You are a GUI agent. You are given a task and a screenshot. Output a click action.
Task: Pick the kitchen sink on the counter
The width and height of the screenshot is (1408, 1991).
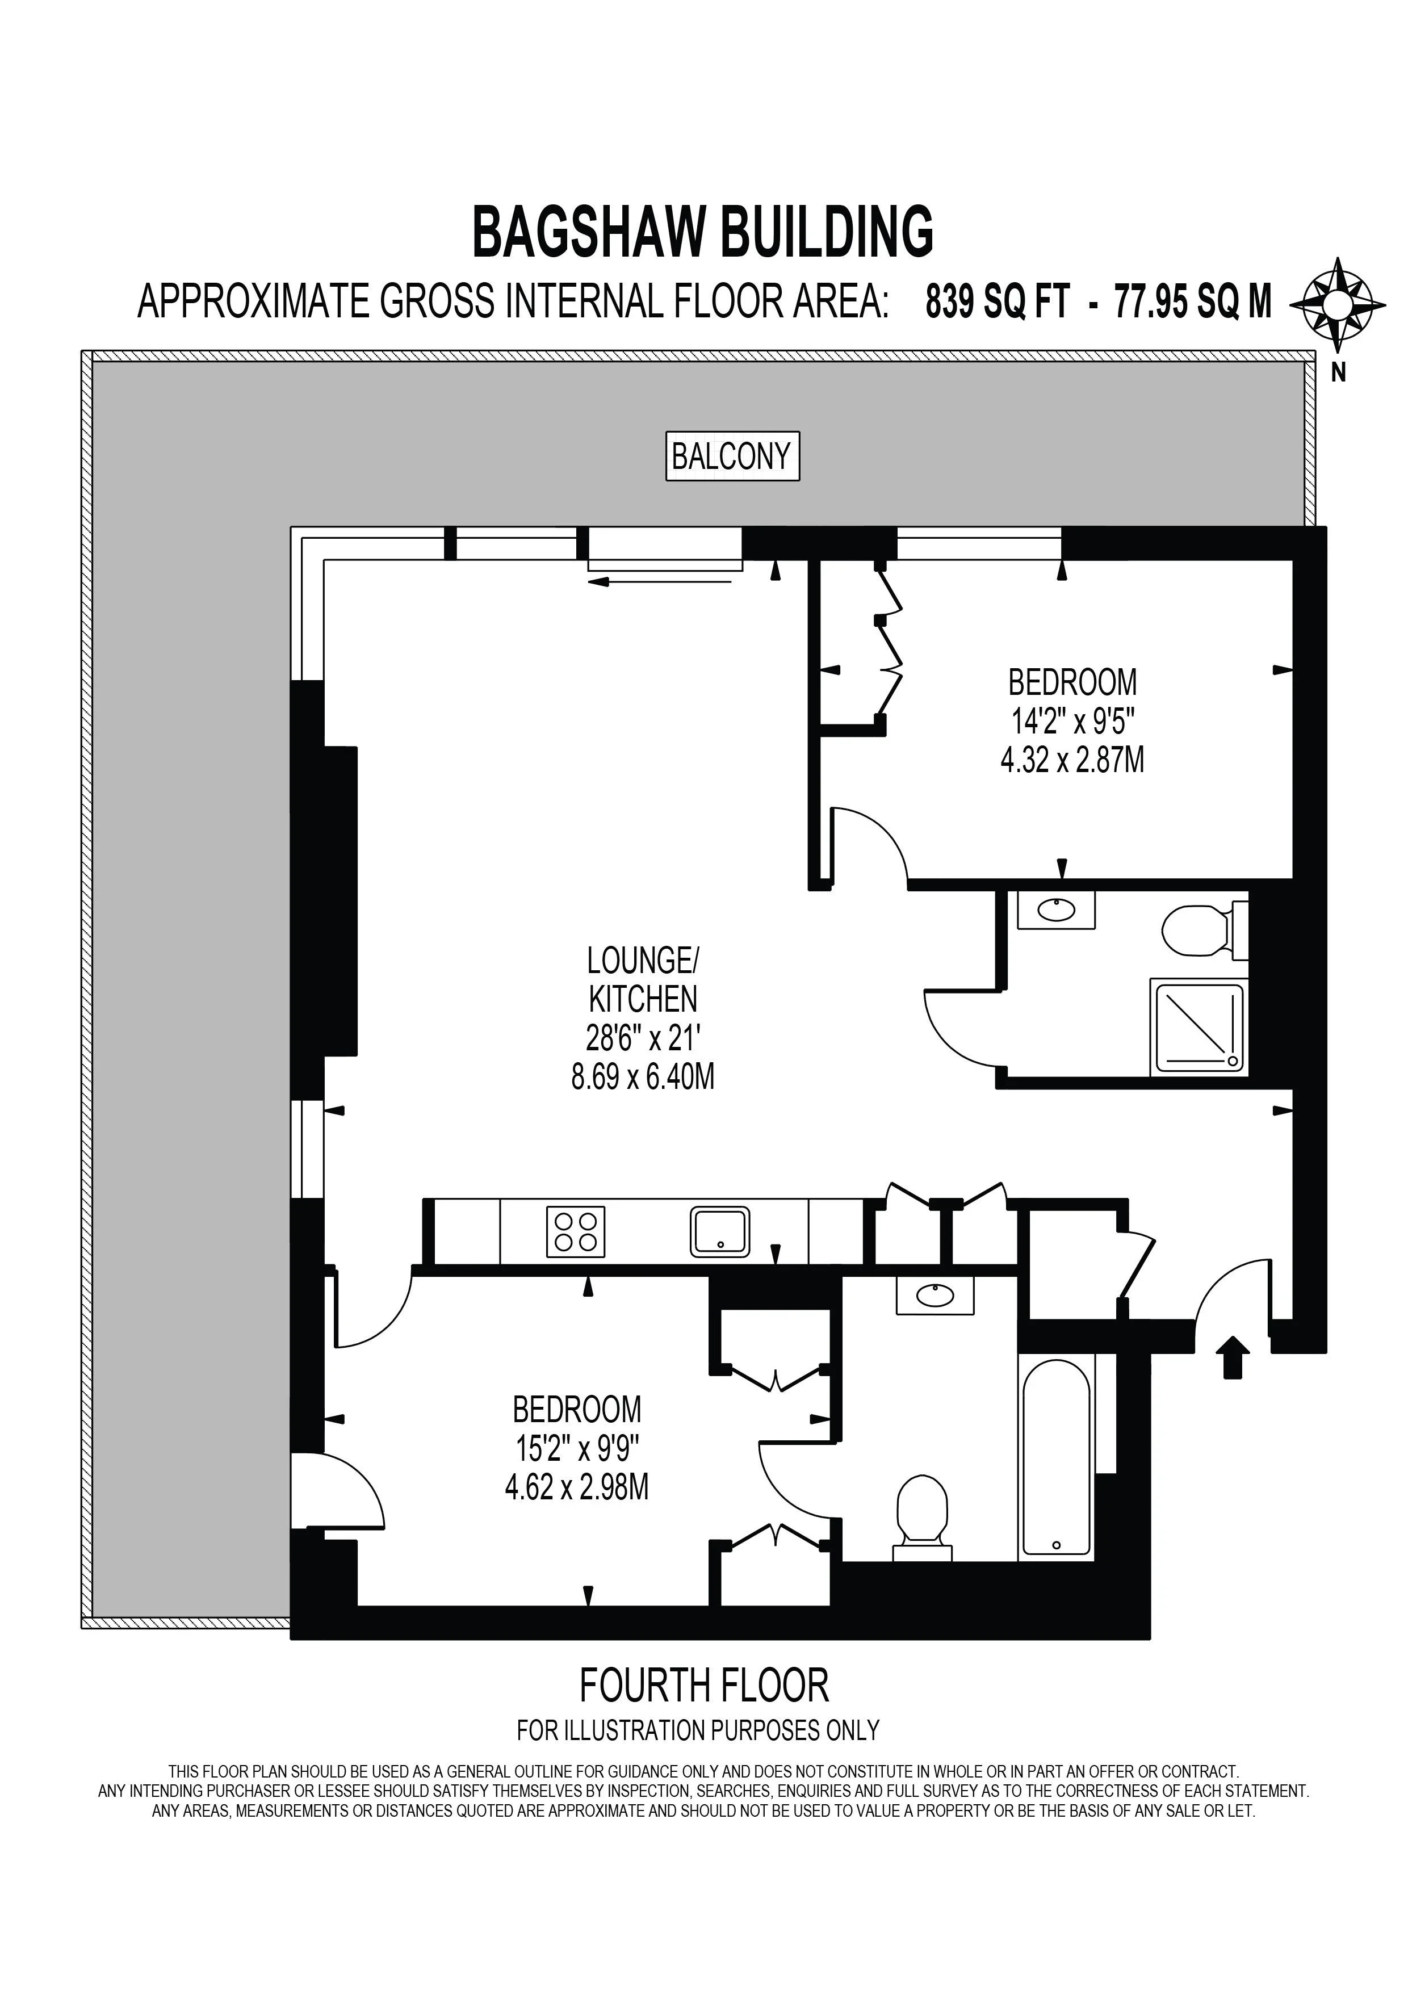[x=719, y=1232]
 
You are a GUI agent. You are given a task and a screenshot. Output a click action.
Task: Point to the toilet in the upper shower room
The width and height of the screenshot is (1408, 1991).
[x=1204, y=930]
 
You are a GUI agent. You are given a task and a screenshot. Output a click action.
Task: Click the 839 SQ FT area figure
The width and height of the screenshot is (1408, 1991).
[x=997, y=303]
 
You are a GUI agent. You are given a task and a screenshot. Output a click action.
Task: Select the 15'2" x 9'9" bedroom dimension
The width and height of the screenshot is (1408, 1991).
[x=577, y=1449]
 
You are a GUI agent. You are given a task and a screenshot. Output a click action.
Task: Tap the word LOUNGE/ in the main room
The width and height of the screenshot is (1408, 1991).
[x=643, y=961]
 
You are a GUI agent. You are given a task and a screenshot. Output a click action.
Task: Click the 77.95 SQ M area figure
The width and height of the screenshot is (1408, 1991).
[x=1192, y=303]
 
